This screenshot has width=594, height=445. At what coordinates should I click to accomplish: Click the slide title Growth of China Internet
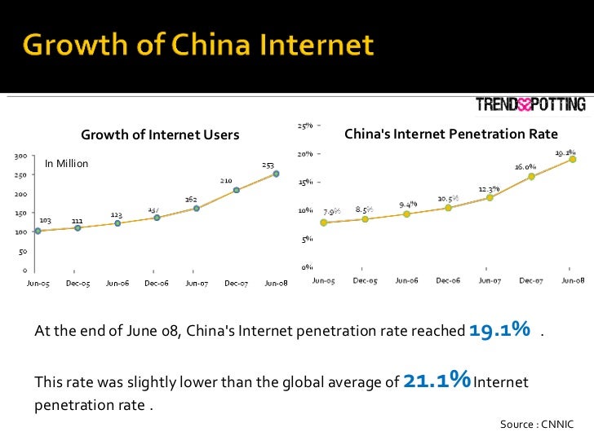pyautogui.click(x=198, y=46)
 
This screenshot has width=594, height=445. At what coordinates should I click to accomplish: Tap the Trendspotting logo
pyautogui.click(x=530, y=104)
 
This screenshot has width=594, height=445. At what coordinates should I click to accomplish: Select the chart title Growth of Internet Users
pyautogui.click(x=159, y=134)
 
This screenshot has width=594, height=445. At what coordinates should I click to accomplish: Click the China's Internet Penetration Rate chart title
pyautogui.click(x=451, y=134)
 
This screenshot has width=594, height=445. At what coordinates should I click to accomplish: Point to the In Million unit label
pyautogui.click(x=66, y=164)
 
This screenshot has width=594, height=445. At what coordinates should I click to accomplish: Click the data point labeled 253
pyautogui.click(x=277, y=174)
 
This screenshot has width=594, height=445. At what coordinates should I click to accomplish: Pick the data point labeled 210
pyautogui.click(x=237, y=190)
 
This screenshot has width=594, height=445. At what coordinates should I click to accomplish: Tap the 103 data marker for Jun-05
pyautogui.click(x=38, y=231)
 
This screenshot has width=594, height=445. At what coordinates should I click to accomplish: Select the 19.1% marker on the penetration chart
pyautogui.click(x=573, y=159)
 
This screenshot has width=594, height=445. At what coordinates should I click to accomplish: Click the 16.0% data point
pyautogui.click(x=531, y=176)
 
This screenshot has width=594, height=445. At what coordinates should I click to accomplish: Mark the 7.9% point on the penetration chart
pyautogui.click(x=324, y=222)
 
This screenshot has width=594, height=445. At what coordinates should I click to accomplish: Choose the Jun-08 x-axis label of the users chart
pyautogui.click(x=276, y=283)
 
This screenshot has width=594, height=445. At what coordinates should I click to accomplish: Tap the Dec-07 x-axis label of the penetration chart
pyautogui.click(x=531, y=280)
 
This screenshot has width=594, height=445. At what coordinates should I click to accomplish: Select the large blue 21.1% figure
pyautogui.click(x=437, y=381)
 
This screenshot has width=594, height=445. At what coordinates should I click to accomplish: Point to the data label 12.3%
pyautogui.click(x=490, y=188)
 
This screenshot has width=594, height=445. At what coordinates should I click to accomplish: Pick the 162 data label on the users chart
pyautogui.click(x=190, y=199)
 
